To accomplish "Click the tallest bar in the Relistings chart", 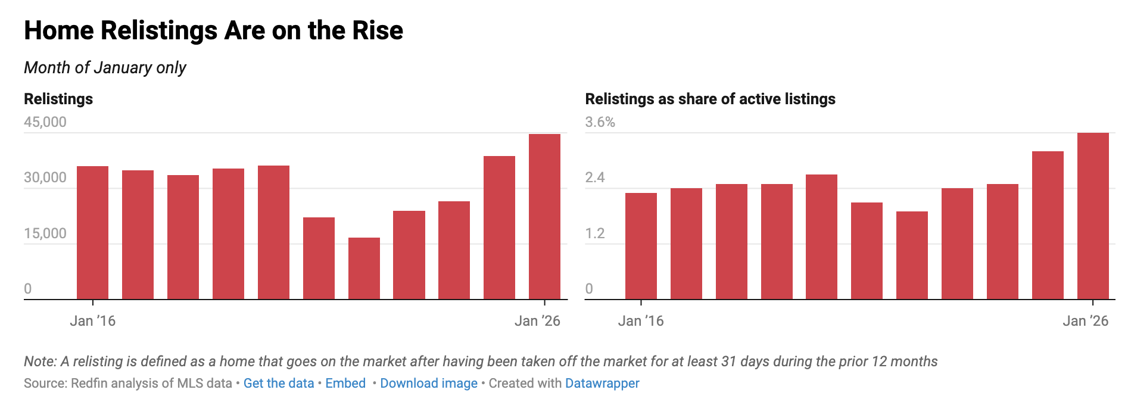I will click(x=544, y=217).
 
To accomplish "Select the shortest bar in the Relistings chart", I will click(x=364, y=269).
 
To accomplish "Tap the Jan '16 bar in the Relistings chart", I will click(x=92, y=233).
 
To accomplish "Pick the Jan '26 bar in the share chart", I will click(x=1093, y=216).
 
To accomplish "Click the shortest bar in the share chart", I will click(x=912, y=255).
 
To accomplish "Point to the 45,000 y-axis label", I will click(x=45, y=122).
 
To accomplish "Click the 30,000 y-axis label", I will click(x=45, y=177).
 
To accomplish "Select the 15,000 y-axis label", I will click(x=45, y=233).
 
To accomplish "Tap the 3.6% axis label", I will click(x=600, y=122).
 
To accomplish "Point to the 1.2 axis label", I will click(x=594, y=233).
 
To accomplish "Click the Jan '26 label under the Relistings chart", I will click(x=537, y=321).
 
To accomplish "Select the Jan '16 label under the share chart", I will click(x=641, y=321).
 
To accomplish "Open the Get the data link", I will click(x=278, y=384).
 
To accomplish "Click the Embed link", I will click(x=345, y=384).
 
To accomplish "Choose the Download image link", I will click(x=429, y=384).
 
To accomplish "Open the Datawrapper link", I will click(x=602, y=384).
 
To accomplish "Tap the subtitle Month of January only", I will click(x=105, y=68).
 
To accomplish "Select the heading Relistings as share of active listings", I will click(x=710, y=99).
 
